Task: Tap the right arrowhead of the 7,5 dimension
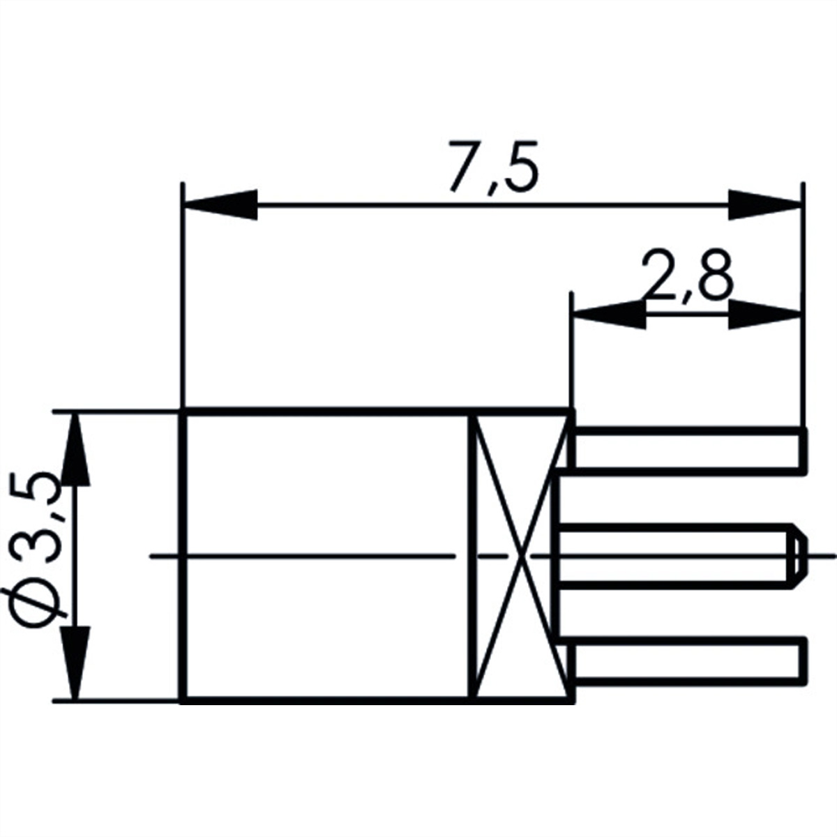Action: coord(764,205)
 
